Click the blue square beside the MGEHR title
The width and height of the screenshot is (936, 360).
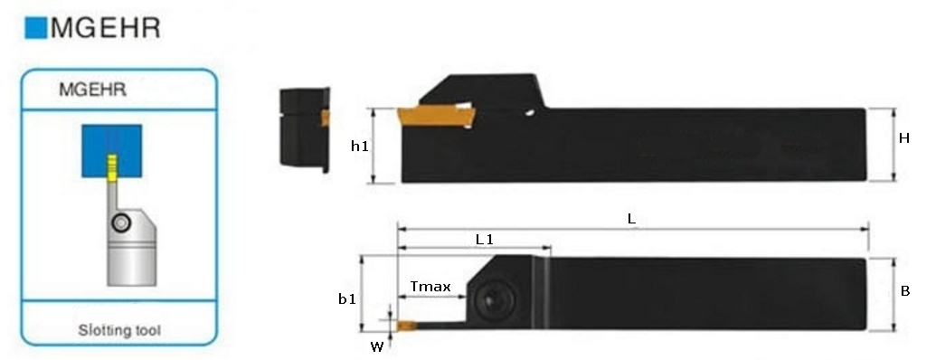[x=35, y=29]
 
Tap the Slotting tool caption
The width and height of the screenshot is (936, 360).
[x=119, y=331]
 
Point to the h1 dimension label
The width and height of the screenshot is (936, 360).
[x=359, y=146]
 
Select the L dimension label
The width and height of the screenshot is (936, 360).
[x=631, y=219]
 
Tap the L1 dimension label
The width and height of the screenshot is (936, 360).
[x=485, y=240]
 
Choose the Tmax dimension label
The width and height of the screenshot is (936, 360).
[x=430, y=287]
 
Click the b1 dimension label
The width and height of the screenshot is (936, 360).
[x=347, y=298]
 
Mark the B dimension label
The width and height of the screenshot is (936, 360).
[x=904, y=291]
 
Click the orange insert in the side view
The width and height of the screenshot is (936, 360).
[x=432, y=118]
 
